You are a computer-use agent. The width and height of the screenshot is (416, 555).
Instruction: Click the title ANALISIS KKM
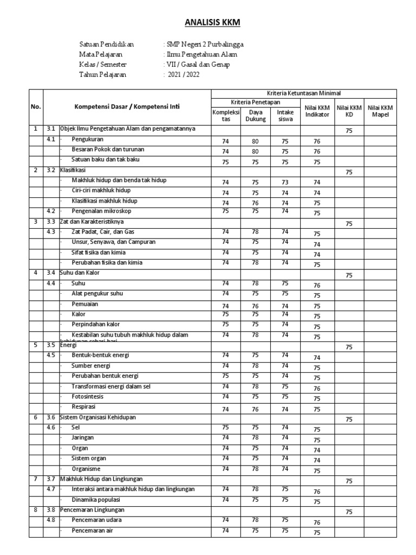[x=208, y=22]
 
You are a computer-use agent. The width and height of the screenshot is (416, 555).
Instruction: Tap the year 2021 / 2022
[x=183, y=75]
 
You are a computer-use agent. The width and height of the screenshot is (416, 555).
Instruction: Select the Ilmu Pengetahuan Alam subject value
[x=201, y=55]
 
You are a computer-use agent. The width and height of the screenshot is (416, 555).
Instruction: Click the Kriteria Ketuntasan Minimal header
[x=304, y=94]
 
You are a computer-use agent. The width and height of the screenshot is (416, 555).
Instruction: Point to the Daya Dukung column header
[x=255, y=115]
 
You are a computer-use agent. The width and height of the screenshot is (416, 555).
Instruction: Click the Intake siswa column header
[x=285, y=115]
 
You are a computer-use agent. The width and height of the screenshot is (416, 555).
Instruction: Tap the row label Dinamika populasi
[x=96, y=499]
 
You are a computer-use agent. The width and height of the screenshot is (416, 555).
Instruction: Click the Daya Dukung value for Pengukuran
[x=255, y=141]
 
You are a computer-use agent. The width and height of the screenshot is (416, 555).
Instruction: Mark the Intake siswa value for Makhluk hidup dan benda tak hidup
[x=285, y=182]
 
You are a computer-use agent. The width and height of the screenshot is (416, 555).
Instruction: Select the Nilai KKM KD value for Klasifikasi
[x=349, y=172]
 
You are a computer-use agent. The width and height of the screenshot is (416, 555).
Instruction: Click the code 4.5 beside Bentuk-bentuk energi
[x=51, y=355]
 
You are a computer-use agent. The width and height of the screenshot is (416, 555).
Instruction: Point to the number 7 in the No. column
[x=35, y=479]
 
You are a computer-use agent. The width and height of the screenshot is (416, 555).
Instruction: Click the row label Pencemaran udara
[x=96, y=520]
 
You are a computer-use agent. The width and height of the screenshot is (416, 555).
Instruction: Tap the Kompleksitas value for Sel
[x=225, y=427]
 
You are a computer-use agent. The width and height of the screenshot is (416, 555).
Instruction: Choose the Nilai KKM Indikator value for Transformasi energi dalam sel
[x=317, y=389]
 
